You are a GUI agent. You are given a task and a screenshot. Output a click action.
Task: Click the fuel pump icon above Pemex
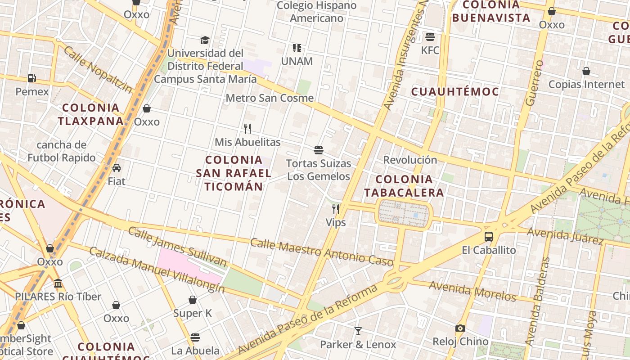(31, 78)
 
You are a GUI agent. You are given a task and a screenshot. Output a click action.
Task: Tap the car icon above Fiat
(117, 168)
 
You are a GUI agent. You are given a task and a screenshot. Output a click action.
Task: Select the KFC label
(430, 50)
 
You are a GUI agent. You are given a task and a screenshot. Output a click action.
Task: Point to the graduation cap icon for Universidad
(205, 40)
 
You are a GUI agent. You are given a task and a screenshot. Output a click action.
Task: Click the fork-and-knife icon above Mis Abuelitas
(247, 129)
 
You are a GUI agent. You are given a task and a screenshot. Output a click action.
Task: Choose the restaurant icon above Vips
(336, 209)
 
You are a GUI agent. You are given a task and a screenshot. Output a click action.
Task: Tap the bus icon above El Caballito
(489, 236)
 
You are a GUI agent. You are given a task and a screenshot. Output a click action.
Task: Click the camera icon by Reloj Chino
(460, 328)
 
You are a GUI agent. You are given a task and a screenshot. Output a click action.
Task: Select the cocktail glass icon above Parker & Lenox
(358, 331)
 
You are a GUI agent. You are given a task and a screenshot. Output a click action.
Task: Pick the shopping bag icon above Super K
(193, 300)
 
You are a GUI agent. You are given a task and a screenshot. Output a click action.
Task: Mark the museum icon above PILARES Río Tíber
(58, 283)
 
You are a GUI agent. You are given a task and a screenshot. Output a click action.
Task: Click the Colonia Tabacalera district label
(404, 186)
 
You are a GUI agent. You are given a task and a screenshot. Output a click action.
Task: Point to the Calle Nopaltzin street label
(98, 70)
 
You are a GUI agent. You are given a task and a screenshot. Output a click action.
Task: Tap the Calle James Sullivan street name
(177, 247)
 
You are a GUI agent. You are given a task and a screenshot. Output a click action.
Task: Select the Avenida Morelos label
(472, 291)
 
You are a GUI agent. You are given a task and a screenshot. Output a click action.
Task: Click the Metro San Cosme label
(270, 98)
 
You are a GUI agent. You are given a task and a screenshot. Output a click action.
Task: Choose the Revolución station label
(410, 160)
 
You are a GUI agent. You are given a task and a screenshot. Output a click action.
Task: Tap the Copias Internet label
(586, 84)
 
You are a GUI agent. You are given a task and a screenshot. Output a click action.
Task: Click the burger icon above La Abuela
(195, 337)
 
